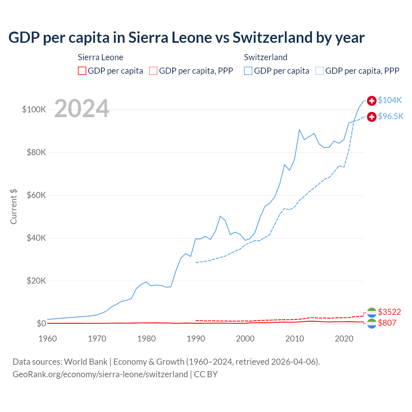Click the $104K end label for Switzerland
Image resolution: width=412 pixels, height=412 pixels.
(x=390, y=100)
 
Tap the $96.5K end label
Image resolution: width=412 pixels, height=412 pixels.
(x=390, y=116)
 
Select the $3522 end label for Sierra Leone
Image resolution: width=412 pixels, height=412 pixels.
(x=389, y=312)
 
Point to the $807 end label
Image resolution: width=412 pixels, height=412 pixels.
(x=387, y=323)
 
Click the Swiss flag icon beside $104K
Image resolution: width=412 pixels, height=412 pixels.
(x=372, y=100)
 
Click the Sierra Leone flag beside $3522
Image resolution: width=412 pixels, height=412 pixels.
(x=372, y=312)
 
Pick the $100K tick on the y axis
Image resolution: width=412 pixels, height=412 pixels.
(x=34, y=109)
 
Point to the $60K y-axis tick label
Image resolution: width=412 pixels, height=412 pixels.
(x=36, y=195)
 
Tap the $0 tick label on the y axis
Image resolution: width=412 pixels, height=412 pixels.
(x=41, y=323)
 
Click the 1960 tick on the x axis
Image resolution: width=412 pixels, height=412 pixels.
(x=48, y=339)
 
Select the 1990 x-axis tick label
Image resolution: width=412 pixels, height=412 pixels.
(x=196, y=339)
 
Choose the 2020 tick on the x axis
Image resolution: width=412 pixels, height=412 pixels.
(x=344, y=339)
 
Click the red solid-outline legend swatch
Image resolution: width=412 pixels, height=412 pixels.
(x=82, y=71)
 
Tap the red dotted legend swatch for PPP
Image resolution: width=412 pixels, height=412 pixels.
(x=153, y=71)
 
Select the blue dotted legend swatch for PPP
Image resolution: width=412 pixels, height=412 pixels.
(x=320, y=71)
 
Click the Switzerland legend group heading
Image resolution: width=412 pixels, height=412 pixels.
(x=266, y=57)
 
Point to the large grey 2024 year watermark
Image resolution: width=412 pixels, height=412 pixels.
(x=82, y=108)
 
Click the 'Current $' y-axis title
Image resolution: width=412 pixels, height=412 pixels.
(x=14, y=207)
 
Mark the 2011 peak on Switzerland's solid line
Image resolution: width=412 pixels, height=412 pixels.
(x=299, y=130)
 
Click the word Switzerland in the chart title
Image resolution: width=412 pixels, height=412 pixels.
(x=272, y=37)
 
